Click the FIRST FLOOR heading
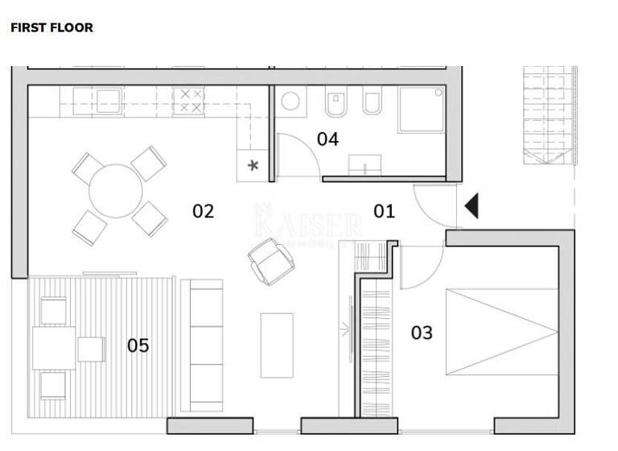coord(51,27)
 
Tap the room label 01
coord(385,212)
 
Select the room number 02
coord(203,212)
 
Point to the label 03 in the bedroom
coord(422,333)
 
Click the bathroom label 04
coord(328,139)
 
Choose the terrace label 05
coord(138,346)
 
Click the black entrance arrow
coord(472,206)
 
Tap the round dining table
coord(116,191)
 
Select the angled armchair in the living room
coord(270,261)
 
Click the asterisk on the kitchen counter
coord(253,165)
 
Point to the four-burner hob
coord(191,101)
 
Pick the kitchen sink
coord(108,101)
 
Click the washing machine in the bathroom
coord(290,101)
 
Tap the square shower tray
coord(421,110)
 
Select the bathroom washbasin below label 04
coord(365,166)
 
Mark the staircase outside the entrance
coord(550,114)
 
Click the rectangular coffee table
coord(277,345)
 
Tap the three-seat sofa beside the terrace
coord(201,345)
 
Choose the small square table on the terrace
coord(91,350)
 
